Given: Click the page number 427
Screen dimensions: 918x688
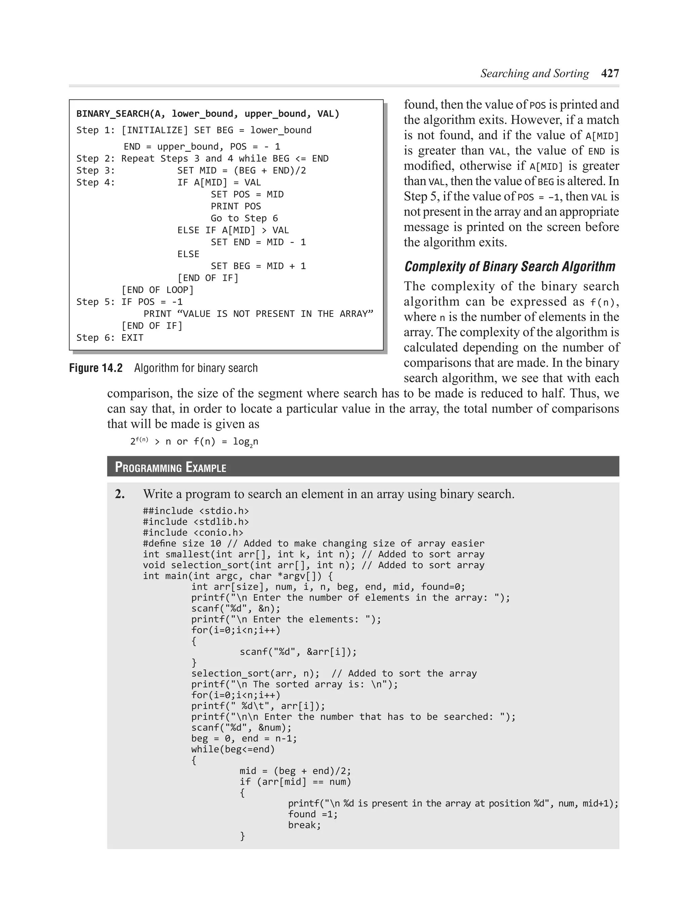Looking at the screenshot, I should [x=610, y=74].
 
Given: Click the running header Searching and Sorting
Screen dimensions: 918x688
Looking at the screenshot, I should [x=534, y=74].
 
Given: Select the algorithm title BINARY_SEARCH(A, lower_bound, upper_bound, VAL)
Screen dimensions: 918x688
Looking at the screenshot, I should [x=207, y=114].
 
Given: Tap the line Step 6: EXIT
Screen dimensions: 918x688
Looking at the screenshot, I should [x=110, y=337].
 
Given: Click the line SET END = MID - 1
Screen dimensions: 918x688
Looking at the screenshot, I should [x=258, y=242].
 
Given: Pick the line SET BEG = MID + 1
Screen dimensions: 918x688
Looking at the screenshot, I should [x=258, y=266].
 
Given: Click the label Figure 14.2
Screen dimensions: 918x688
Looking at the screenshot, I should [x=96, y=368].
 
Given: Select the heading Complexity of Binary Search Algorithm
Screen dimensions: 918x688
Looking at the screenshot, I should [x=509, y=267].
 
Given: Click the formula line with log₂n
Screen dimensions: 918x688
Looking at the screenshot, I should [x=194, y=442].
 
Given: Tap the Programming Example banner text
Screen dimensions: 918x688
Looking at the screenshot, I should [x=170, y=467].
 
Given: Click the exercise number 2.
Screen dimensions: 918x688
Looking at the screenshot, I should [x=120, y=494].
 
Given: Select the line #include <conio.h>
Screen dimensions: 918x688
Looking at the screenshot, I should [x=193, y=532].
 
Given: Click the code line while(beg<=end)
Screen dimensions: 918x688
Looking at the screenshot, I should [x=233, y=749].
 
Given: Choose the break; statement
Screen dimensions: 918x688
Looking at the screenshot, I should [x=304, y=825].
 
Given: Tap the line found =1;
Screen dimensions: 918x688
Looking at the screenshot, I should [x=313, y=814].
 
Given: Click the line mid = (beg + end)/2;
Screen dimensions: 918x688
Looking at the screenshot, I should [x=295, y=771].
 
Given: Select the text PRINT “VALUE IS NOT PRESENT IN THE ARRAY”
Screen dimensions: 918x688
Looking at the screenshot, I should [x=258, y=314].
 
